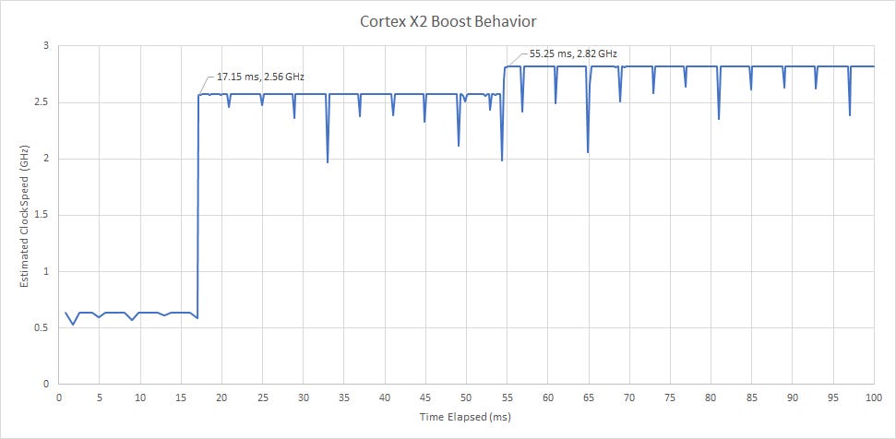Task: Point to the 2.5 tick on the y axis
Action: [x=44, y=102]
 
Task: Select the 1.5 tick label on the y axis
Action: [x=44, y=215]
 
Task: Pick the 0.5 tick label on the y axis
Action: [x=44, y=327]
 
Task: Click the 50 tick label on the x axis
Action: [x=466, y=397]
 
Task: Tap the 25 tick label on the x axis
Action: [x=262, y=397]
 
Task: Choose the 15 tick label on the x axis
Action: [x=181, y=397]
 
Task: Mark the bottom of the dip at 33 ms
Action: [x=328, y=162]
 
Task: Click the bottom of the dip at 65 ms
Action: [x=588, y=152]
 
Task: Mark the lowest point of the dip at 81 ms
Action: [x=719, y=119]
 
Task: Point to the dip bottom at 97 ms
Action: [x=849, y=115]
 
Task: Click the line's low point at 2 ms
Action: [x=74, y=324]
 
